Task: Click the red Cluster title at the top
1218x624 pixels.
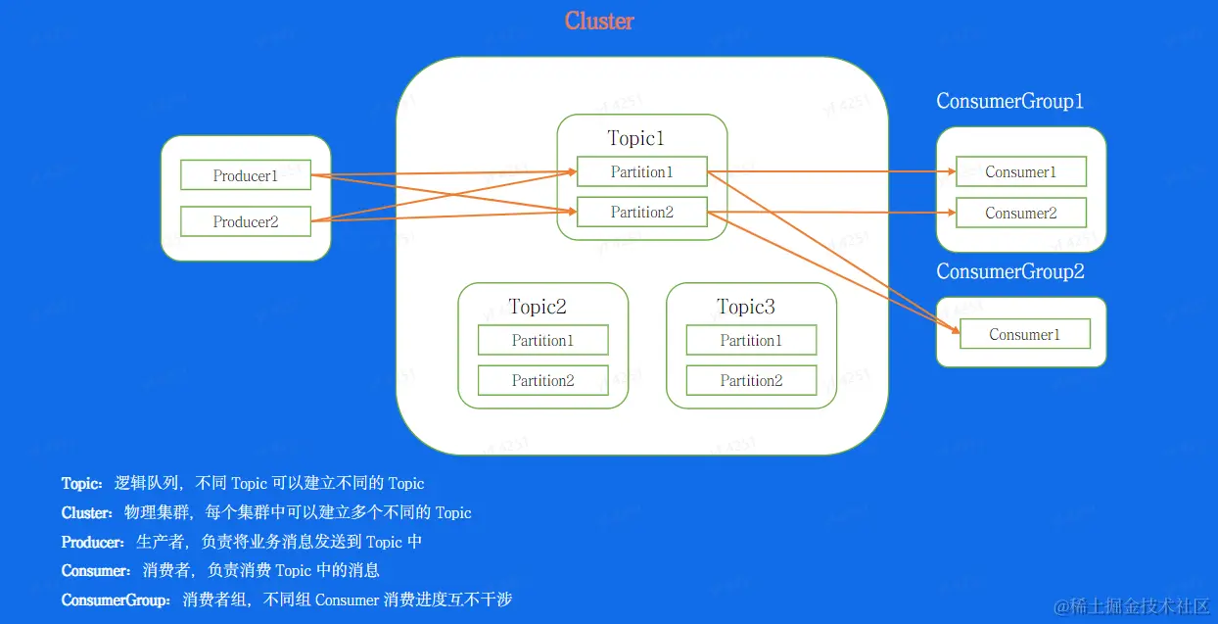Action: pyautogui.click(x=599, y=22)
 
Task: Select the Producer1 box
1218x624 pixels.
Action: pyautogui.click(x=246, y=174)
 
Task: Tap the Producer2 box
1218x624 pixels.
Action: pyautogui.click(x=246, y=220)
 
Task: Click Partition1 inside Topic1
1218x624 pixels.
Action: pyautogui.click(x=642, y=171)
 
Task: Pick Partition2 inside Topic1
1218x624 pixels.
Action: pyautogui.click(x=642, y=212)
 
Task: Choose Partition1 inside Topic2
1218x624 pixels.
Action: pyautogui.click(x=543, y=340)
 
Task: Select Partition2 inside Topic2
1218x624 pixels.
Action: pyautogui.click(x=543, y=380)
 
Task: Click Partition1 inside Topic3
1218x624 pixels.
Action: pyautogui.click(x=752, y=340)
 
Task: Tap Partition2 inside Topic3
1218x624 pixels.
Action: pyautogui.click(x=752, y=380)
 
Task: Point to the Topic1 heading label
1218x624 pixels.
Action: pyautogui.click(x=635, y=138)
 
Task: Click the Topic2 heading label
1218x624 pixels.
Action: pyautogui.click(x=538, y=307)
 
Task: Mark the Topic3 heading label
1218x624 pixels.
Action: pyautogui.click(x=745, y=307)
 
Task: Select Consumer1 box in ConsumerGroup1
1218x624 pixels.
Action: pyautogui.click(x=1021, y=171)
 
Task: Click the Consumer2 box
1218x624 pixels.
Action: pyautogui.click(x=1021, y=213)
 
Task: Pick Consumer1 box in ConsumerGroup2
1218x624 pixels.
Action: pyautogui.click(x=1025, y=333)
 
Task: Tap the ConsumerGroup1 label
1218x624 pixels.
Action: pyautogui.click(x=1009, y=101)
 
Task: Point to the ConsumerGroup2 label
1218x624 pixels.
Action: pyautogui.click(x=1010, y=271)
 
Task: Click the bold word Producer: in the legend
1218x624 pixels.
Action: pyautogui.click(x=93, y=542)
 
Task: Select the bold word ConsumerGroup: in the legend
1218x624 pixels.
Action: pyautogui.click(x=116, y=600)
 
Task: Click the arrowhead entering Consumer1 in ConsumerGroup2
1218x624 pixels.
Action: pyautogui.click(x=956, y=329)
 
